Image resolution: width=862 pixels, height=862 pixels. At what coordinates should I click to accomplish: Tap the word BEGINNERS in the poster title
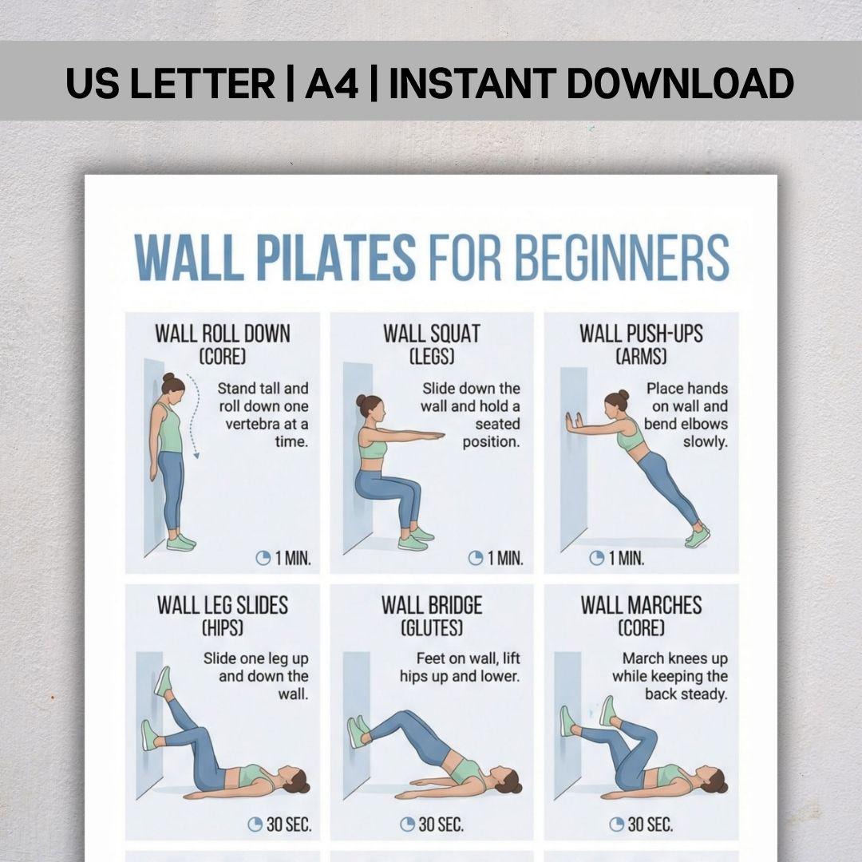pos(623,257)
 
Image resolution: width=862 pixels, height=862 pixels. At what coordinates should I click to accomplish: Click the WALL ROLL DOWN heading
pos(222,334)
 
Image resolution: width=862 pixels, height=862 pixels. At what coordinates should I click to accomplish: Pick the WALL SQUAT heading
pos(432,334)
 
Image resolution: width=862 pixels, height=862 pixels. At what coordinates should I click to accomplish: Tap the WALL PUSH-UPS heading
pos(641,334)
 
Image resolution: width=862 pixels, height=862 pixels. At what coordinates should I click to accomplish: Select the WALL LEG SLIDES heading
pos(222,605)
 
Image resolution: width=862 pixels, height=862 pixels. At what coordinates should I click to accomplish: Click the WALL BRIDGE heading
pos(432,605)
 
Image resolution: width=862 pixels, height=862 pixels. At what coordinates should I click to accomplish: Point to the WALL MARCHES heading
pos(641,605)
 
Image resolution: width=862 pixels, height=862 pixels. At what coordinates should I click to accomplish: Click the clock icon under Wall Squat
pos(476,559)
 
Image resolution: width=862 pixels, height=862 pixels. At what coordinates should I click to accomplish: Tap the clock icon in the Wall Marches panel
pos(617,824)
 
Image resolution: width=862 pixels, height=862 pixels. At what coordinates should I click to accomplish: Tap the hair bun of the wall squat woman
pos(361,401)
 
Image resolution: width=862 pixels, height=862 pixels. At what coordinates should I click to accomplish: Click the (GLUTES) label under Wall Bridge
pos(432,628)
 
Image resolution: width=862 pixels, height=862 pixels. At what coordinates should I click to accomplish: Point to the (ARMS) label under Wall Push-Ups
pos(641,357)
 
